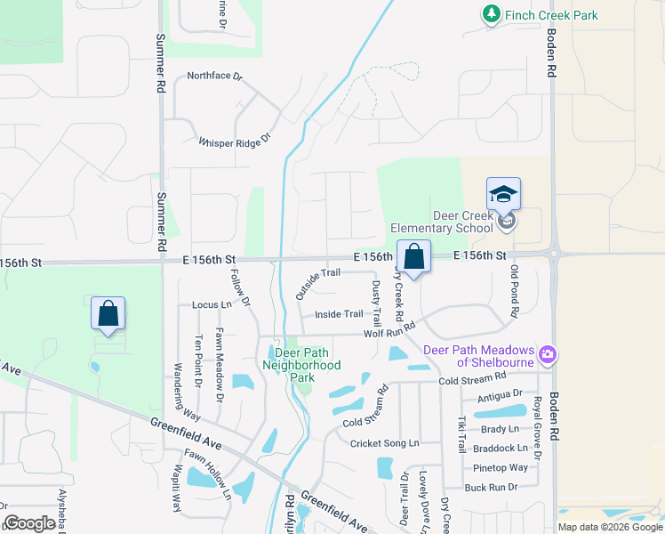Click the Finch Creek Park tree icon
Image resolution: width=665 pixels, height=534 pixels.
pos(491,14)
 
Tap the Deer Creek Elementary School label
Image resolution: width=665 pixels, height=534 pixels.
pos(462,222)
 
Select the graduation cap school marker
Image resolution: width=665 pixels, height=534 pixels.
pos(503,194)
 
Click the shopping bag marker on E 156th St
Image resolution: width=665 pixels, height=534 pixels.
pos(413,256)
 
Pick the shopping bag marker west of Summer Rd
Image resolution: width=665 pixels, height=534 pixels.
pos(108,313)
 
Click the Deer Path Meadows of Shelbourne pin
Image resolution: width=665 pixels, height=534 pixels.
pos(548,355)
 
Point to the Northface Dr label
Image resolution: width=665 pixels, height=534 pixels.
pos(214,77)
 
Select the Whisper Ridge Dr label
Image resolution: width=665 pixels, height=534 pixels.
pos(234,142)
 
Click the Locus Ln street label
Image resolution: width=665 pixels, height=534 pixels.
pos(212,304)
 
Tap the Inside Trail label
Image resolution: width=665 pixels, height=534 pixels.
pos(339,314)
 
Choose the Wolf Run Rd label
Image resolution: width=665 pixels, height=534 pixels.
pos(389,332)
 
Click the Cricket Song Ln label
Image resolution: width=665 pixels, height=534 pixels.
pos(384,443)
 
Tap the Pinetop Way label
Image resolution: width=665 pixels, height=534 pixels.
pos(501,467)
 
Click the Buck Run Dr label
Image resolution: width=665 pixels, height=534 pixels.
pos(491,487)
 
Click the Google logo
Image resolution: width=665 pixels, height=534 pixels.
pos(29,523)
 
